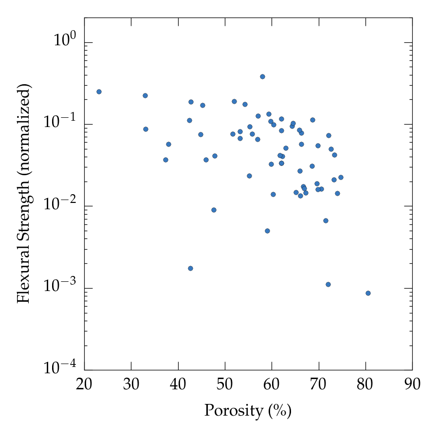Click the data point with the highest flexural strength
point(262,76)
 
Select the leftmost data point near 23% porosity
point(99,91)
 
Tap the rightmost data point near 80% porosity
point(368,293)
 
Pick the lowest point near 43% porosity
point(190,268)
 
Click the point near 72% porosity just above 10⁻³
point(328,284)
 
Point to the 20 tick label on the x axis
point(84,384)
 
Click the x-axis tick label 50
point(225,384)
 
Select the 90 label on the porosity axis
point(412,384)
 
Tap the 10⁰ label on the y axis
point(66,41)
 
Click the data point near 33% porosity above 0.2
point(145,95)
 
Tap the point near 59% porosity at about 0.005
point(267,231)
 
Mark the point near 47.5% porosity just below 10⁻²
point(214,210)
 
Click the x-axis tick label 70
point(319,384)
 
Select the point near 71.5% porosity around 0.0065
point(326,220)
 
